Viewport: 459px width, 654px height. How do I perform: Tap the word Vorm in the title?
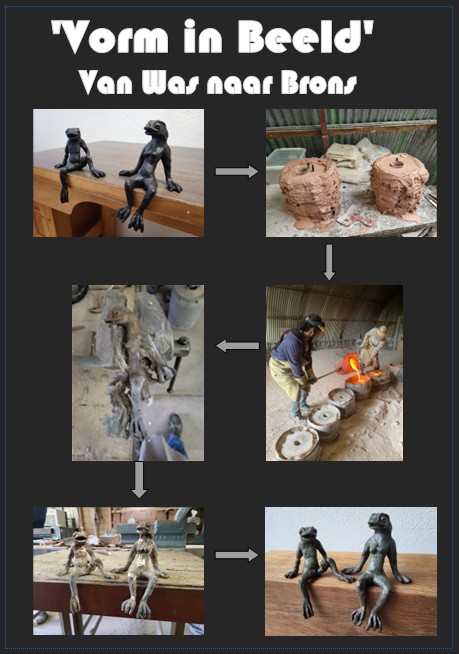pos(113,37)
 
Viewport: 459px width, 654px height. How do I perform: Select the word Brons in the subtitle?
pos(319,83)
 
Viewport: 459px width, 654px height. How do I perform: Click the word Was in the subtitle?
pos(170,82)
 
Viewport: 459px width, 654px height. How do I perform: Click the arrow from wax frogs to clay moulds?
pos(237,171)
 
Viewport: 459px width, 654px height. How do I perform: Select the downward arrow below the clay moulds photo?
pos(329,262)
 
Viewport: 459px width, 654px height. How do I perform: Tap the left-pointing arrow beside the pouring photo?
pos(237,345)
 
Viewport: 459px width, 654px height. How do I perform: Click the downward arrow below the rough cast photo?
pos(139,480)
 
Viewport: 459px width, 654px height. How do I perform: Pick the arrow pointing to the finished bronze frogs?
pos(237,555)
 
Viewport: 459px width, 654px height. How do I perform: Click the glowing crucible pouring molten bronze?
pos(350,364)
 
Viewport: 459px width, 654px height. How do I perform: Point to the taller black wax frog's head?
pos(156,128)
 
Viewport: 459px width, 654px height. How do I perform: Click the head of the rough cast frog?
pos(117,316)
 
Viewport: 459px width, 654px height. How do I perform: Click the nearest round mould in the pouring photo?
pos(297,443)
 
